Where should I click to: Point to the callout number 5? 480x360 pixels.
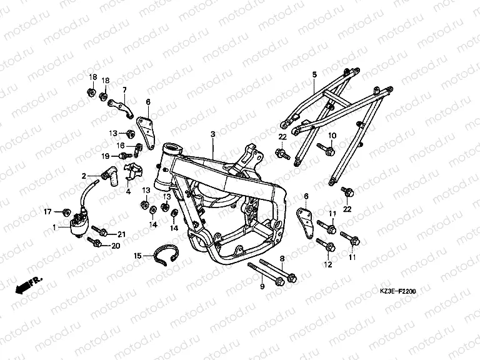pos(314,74)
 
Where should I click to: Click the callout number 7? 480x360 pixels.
pos(124,89)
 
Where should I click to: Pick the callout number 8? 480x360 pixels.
pos(282,259)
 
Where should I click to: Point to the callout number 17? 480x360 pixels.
pos(46,212)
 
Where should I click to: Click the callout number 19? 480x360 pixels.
pos(106,156)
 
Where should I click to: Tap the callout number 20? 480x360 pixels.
pos(115,246)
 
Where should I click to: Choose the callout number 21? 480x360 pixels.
pos(121,234)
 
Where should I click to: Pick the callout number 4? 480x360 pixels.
pos(128,192)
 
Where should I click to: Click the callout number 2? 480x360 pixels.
pos(82,176)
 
